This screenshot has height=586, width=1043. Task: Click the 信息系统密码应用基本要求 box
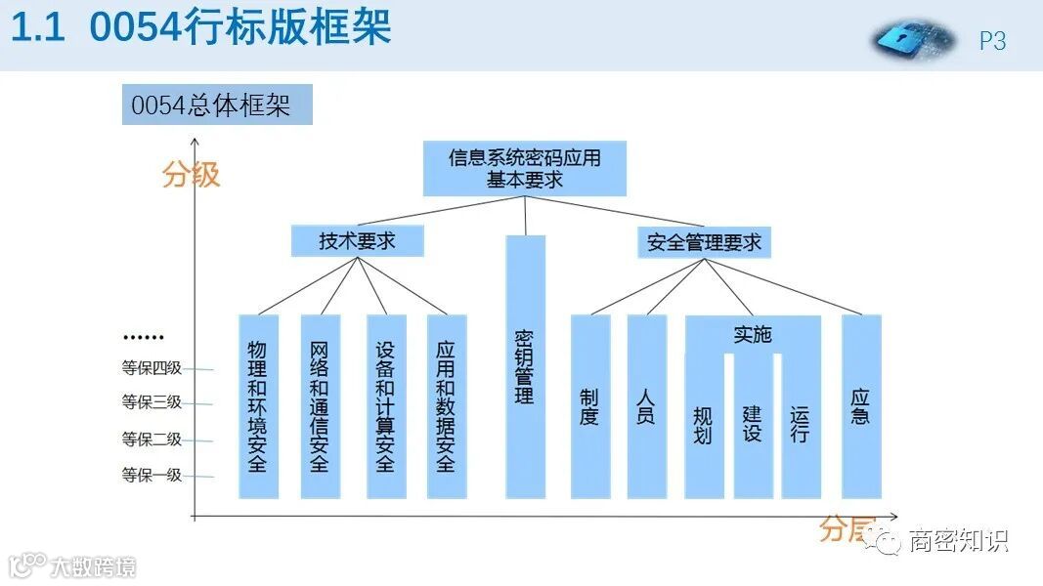coord(525,168)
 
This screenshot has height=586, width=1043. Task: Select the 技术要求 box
coord(357,241)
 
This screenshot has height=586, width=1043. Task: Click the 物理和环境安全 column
coord(258,406)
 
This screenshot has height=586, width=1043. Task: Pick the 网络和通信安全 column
coord(320,406)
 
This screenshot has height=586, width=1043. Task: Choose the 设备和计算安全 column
coord(384,406)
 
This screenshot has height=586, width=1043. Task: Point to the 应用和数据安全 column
coord(446,406)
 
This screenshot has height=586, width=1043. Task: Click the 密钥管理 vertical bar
coord(525,367)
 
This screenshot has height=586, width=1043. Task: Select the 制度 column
coord(589,406)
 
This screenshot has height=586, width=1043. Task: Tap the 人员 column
coord(646,406)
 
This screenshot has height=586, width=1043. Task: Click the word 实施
coord(752,335)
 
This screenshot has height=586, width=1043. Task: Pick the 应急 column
coord(861,406)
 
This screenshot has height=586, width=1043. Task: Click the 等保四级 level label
coord(152,368)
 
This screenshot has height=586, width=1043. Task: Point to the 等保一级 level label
coord(152,476)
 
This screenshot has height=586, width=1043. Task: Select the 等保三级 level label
coord(152,402)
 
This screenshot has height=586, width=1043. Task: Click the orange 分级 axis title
coord(192,175)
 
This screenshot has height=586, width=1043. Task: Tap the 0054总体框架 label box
coord(216,105)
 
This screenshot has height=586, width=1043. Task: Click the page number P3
coord(992,41)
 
